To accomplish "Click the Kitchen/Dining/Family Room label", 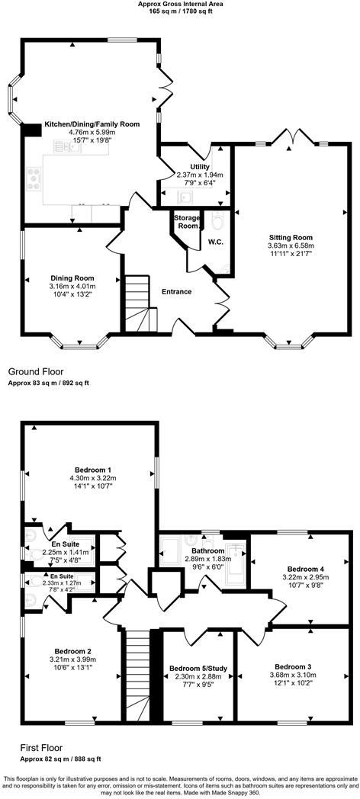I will coord(92,123).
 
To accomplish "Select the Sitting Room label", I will coord(291,237).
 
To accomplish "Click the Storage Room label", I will coord(187,222).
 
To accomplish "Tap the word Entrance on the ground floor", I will coord(176,291).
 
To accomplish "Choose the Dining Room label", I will coord(72,278).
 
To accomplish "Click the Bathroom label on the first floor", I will coord(207,550).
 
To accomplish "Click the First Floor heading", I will coord(33,748).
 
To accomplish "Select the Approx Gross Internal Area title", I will coord(179,4).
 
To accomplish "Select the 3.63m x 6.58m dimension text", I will coord(291,246).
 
